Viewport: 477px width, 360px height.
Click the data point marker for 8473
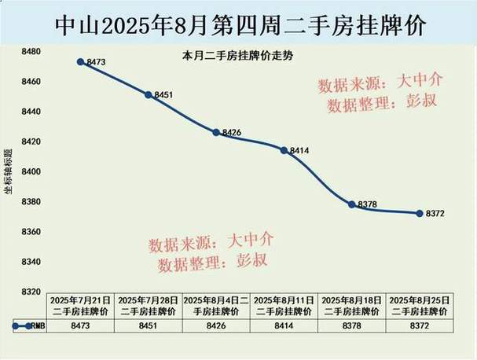point(81,61)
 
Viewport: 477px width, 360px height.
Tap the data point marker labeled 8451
point(149,94)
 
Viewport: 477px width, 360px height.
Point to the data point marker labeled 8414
point(284,149)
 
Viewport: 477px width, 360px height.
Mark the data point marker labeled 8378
point(351,204)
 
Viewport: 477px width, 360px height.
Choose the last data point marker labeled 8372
point(419,213)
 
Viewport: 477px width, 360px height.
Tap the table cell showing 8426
point(216,325)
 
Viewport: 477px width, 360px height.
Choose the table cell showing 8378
point(351,325)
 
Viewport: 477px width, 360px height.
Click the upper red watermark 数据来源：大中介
point(379,83)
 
